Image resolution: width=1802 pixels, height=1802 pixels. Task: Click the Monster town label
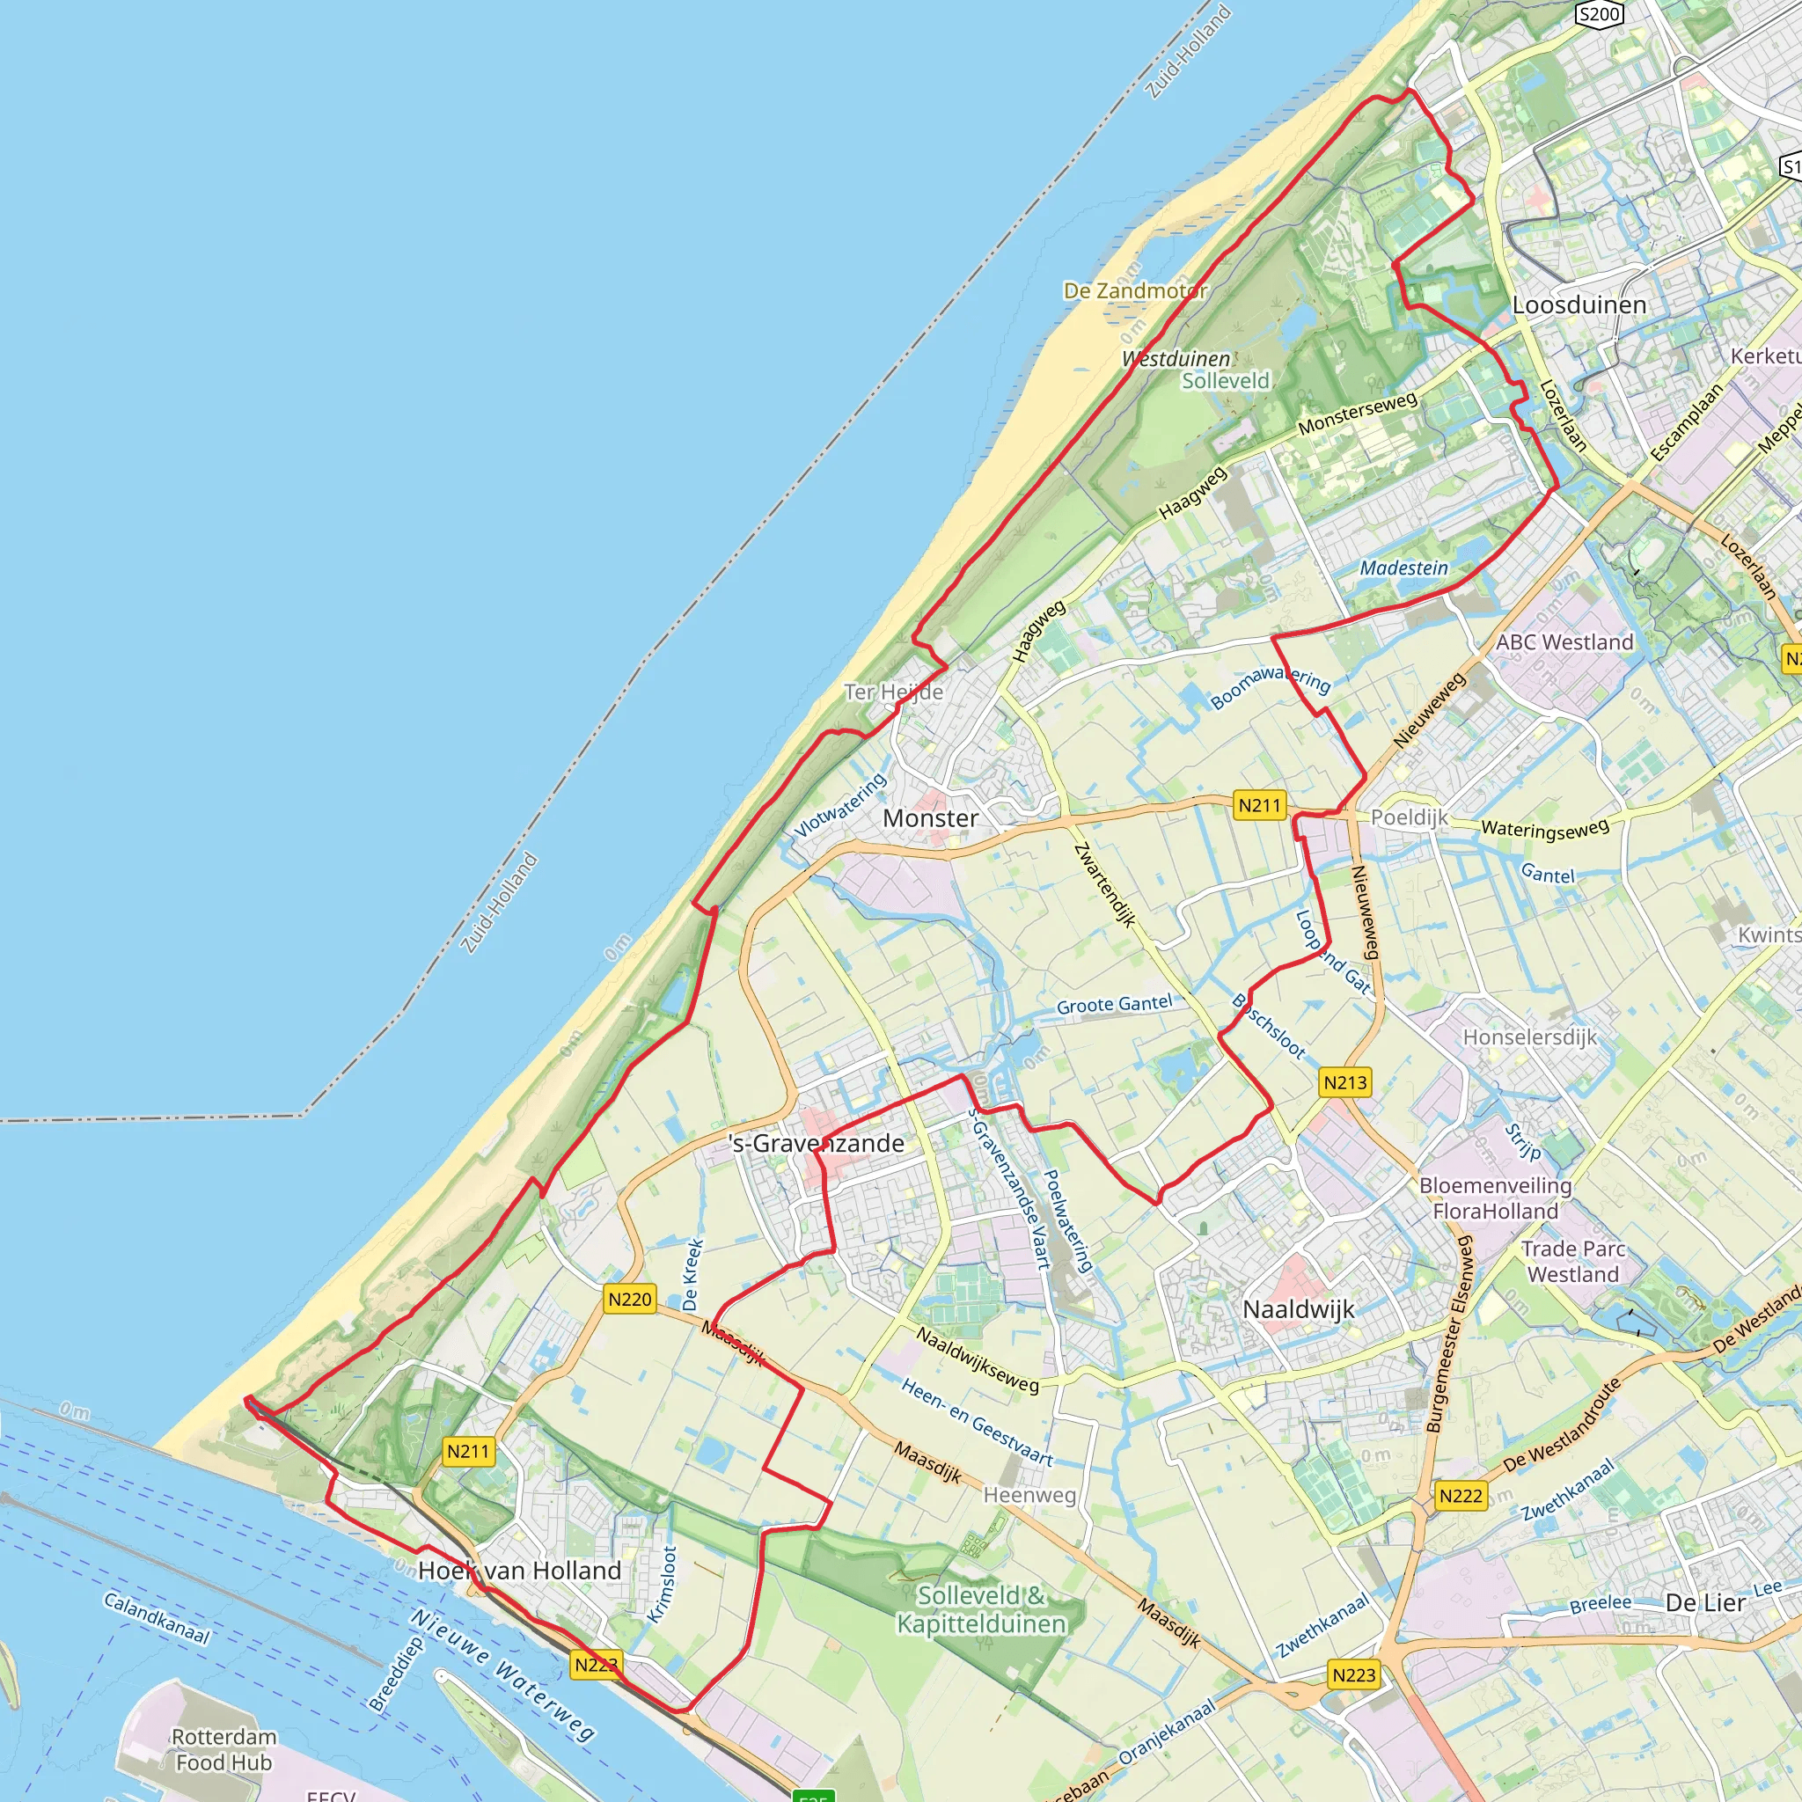tap(930, 818)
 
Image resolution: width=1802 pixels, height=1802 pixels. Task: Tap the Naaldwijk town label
tap(1298, 1309)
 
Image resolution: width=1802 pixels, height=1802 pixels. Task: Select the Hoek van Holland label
tap(518, 1571)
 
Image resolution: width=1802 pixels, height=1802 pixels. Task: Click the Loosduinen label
tap(1579, 305)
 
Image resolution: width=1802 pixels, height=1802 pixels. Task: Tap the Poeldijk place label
tap(1410, 817)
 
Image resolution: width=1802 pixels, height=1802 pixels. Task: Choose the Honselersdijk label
tap(1529, 1037)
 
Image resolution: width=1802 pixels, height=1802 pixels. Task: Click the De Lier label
tap(1705, 1602)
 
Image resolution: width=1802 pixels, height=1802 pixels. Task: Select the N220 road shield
tap(630, 1300)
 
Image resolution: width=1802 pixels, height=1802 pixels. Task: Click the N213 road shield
tap(1345, 1083)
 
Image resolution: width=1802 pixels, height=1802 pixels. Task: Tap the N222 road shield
tap(1461, 1496)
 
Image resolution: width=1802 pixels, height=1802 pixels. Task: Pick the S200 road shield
tap(1600, 14)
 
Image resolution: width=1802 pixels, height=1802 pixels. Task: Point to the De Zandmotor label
tap(1135, 291)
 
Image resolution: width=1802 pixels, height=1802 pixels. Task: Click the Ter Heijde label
tap(894, 692)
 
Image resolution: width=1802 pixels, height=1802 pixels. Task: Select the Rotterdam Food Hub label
tap(223, 1750)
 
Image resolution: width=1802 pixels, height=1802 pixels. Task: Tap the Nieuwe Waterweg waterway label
tap(502, 1675)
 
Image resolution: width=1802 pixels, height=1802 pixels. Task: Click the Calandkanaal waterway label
tap(156, 1618)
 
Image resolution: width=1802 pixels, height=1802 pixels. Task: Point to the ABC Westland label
tap(1564, 641)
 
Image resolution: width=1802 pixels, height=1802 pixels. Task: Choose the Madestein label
tap(1403, 568)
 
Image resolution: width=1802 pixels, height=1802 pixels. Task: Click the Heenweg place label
tap(1029, 1495)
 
